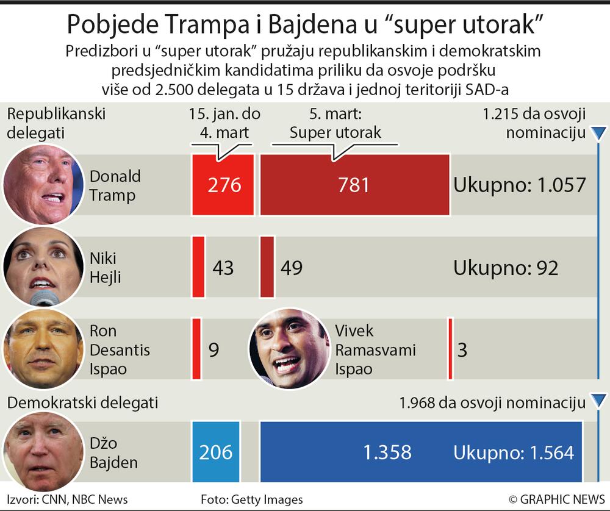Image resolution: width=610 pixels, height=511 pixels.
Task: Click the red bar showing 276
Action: pos(223,185)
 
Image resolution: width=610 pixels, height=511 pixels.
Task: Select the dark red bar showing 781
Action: pos(354,185)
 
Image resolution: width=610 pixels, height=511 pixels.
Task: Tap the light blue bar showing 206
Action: pos(215,452)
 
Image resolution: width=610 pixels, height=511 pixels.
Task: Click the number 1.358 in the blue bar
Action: pos(387,452)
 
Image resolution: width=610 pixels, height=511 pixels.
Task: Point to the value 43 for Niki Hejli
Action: pos(223,268)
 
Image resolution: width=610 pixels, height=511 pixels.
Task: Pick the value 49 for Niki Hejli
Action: pos(291,268)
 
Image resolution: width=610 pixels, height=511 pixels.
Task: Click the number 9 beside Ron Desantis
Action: pos(213,350)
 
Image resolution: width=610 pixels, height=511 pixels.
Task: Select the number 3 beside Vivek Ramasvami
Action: pos(462,350)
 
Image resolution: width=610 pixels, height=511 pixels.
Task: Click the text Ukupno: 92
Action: pos(506,268)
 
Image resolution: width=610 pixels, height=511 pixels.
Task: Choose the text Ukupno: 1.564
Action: pos(514,452)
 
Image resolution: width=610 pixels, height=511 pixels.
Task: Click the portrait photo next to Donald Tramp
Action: pos(43,185)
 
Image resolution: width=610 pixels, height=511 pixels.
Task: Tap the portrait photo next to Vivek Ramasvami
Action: pos(290,349)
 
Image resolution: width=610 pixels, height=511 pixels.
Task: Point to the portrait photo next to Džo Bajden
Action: pos(43,452)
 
